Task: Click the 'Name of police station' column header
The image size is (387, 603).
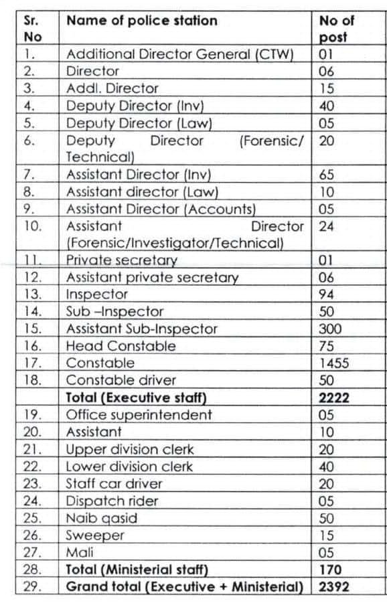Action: click(141, 21)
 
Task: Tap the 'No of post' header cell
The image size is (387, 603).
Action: click(337, 29)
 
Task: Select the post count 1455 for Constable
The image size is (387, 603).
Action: click(334, 363)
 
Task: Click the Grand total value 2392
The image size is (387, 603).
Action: click(335, 587)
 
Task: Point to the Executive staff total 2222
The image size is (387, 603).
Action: click(335, 398)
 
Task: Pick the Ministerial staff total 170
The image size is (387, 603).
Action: click(331, 570)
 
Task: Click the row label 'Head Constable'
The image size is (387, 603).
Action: click(121, 346)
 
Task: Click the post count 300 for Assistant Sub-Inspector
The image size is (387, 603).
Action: click(330, 329)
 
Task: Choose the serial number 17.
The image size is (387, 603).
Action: click(32, 363)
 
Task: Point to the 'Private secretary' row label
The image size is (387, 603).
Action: click(121, 260)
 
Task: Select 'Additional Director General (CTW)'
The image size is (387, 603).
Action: click(180, 54)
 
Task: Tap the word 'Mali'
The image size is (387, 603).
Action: click(80, 553)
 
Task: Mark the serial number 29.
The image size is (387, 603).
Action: click(32, 587)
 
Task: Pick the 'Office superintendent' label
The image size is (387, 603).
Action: click(139, 415)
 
